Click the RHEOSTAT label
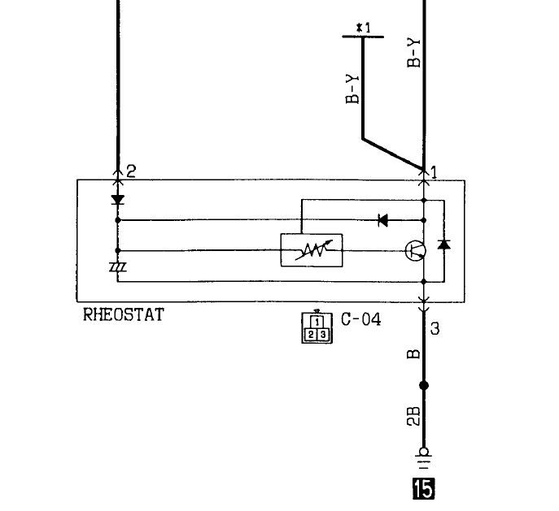(124, 314)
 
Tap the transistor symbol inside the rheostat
(416, 251)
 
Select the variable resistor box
(312, 250)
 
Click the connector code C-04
(360, 319)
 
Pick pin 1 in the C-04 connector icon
(317, 322)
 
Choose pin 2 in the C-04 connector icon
(311, 335)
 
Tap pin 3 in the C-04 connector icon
(323, 335)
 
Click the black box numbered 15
(424, 488)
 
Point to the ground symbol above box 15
(424, 459)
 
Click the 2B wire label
(413, 416)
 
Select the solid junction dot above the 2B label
(424, 385)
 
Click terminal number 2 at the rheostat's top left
(131, 171)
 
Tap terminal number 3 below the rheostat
(435, 328)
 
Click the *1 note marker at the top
(364, 28)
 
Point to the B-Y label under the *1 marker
(352, 89)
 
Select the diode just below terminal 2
(118, 200)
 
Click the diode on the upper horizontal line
(383, 220)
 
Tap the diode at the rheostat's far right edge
(443, 244)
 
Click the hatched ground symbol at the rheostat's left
(118, 267)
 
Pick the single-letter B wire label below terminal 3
(413, 354)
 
